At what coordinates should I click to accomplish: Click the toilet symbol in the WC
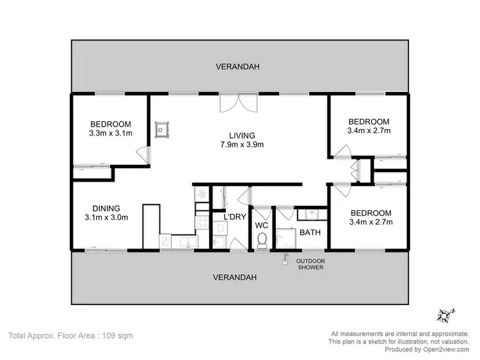(261, 240)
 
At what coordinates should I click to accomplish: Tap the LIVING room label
(243, 136)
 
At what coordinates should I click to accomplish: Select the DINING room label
(106, 207)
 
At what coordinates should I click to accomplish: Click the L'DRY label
(234, 217)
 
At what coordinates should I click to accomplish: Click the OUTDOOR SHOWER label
(310, 264)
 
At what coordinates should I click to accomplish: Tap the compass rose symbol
(446, 315)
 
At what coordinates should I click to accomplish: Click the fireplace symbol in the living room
(163, 129)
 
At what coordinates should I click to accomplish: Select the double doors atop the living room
(232, 102)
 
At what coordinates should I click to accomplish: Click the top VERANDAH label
(238, 67)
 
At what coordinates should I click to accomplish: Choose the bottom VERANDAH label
(236, 278)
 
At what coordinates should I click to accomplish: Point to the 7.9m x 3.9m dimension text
(243, 145)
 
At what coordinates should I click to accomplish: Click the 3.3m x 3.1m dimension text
(111, 133)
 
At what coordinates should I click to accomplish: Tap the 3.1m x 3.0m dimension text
(106, 217)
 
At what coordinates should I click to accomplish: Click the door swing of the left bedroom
(144, 154)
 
